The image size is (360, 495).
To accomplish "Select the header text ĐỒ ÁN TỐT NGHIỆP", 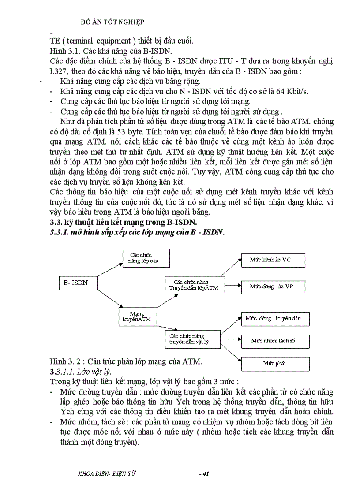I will [113, 21].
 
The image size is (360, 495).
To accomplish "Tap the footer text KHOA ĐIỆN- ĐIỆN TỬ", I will [106, 473].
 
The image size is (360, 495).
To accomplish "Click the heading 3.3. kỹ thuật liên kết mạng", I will [124, 221].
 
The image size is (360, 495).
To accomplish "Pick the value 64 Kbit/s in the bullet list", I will [293, 91].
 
